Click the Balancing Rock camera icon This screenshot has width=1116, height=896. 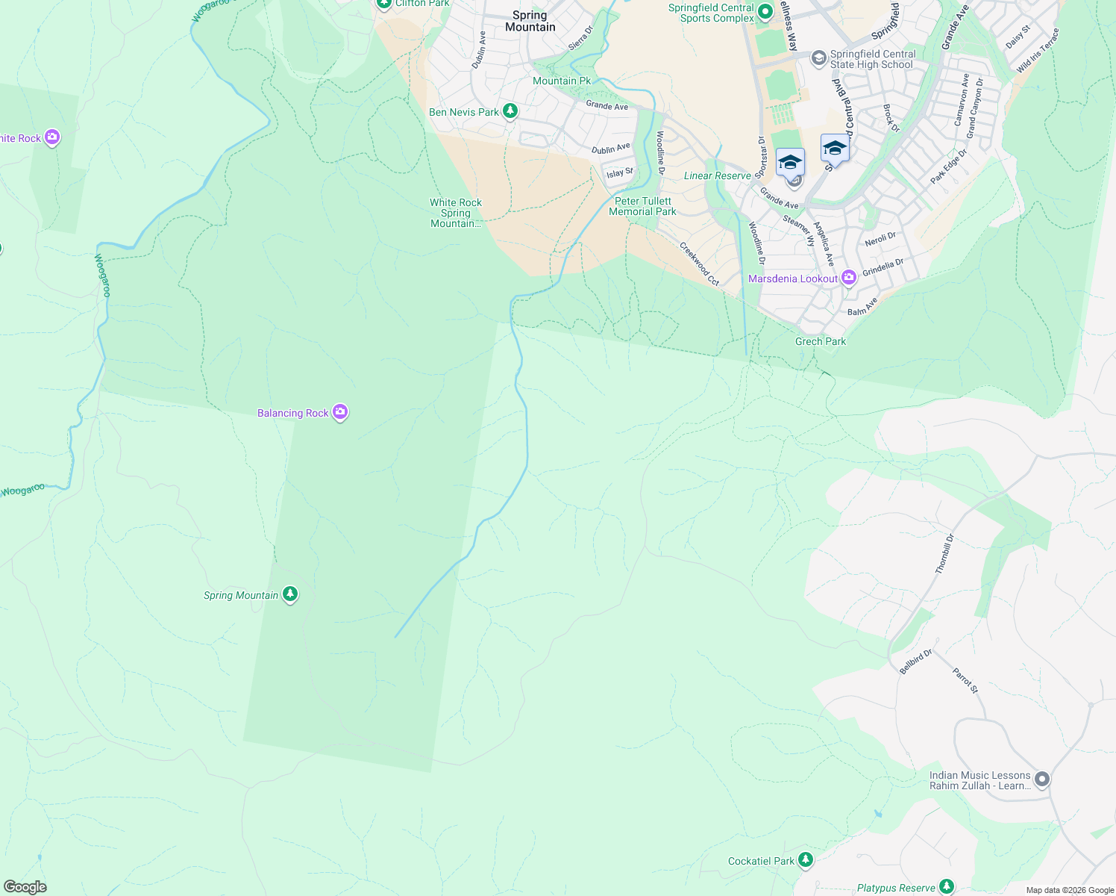click(x=340, y=412)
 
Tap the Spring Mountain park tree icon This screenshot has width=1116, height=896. click(x=290, y=594)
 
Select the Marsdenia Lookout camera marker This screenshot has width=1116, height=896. click(x=848, y=278)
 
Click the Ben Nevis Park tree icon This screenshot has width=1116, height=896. click(x=510, y=111)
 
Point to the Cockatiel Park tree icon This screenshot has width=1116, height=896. click(x=805, y=860)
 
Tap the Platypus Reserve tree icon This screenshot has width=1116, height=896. click(x=946, y=887)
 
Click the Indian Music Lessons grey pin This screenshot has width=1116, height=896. click(x=1042, y=780)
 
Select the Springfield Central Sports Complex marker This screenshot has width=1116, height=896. click(x=765, y=11)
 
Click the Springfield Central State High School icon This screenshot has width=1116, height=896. click(x=818, y=58)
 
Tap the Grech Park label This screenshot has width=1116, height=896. click(x=821, y=341)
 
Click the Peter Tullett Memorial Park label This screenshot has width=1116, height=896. click(x=642, y=206)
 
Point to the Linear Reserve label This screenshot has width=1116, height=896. click(x=717, y=175)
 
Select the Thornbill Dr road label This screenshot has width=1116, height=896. click(x=944, y=554)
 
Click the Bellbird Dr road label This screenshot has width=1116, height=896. click(x=915, y=662)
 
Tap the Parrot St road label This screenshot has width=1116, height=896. click(x=965, y=680)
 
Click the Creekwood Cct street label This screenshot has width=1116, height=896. click(x=699, y=264)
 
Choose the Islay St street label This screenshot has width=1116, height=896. click(x=619, y=172)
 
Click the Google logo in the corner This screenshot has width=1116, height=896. click(x=25, y=886)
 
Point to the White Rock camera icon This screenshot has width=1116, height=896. click(x=51, y=137)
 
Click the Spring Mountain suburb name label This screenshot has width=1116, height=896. click(x=530, y=21)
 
